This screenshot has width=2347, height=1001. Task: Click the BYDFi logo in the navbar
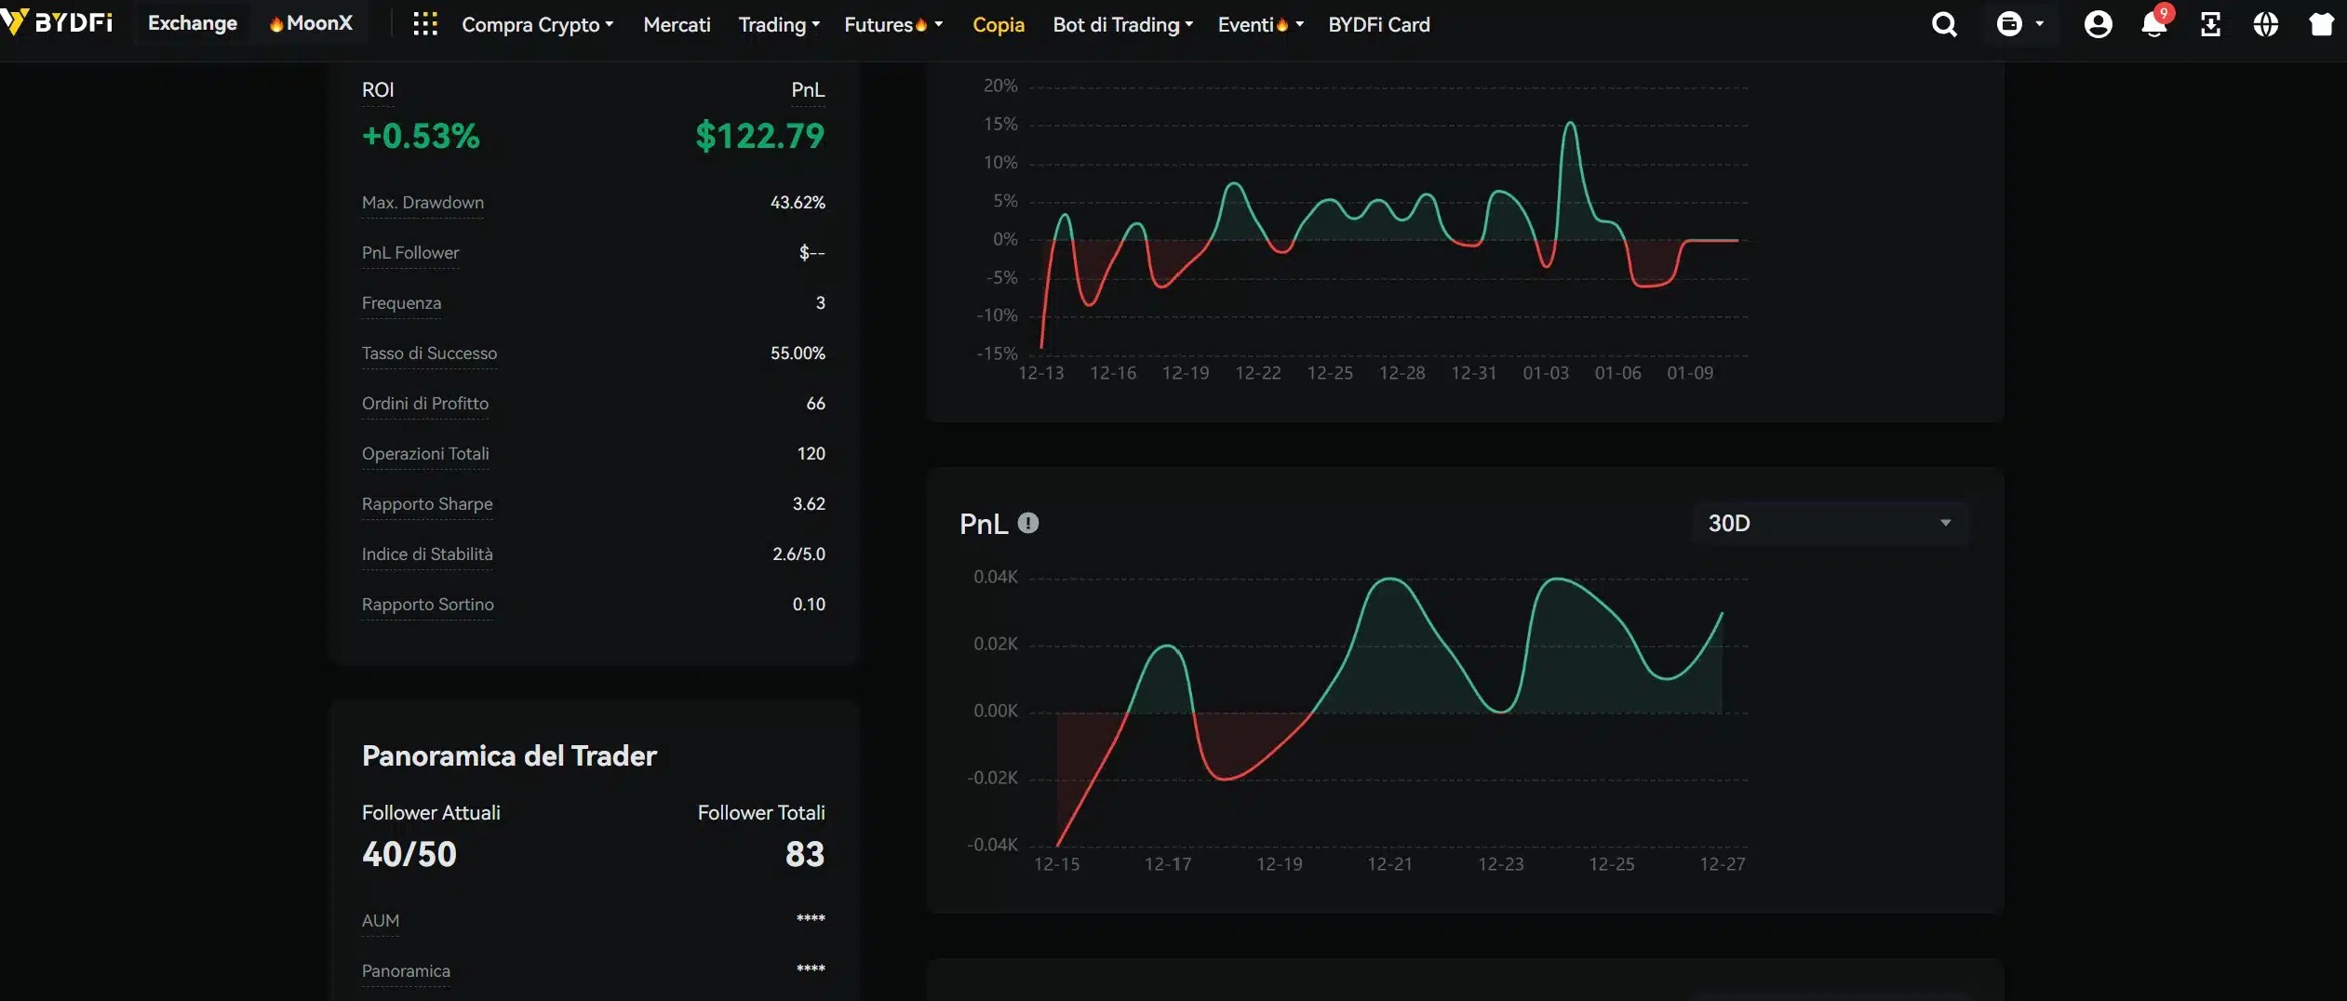pyautogui.click(x=58, y=22)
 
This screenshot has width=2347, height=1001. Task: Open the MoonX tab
pyautogui.click(x=311, y=23)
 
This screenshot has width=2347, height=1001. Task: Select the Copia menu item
pyautogui.click(x=998, y=25)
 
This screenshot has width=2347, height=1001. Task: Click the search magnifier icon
pyautogui.click(x=1944, y=24)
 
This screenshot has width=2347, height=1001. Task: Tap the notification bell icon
pyautogui.click(x=2153, y=24)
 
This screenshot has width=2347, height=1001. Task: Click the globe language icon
pyautogui.click(x=2265, y=24)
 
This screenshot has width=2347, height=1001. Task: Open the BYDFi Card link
pyautogui.click(x=1378, y=25)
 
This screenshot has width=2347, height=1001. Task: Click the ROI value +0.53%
pyautogui.click(x=421, y=136)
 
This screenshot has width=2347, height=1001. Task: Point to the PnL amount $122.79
pyautogui.click(x=759, y=136)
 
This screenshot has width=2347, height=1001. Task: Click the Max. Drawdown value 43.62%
pyautogui.click(x=797, y=203)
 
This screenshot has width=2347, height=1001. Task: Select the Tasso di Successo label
pyautogui.click(x=429, y=354)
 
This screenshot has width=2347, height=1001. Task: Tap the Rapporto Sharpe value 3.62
pyautogui.click(x=808, y=504)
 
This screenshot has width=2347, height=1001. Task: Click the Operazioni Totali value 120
pyautogui.click(x=811, y=454)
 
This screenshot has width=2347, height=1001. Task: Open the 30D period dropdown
pyautogui.click(x=1829, y=523)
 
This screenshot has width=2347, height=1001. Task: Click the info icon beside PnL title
pyautogui.click(x=1027, y=523)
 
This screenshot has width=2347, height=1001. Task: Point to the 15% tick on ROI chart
pyautogui.click(x=1000, y=124)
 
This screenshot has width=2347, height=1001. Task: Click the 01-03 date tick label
pyautogui.click(x=1545, y=373)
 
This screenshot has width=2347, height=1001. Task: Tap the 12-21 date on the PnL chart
pyautogui.click(x=1389, y=864)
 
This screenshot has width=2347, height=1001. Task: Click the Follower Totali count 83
pyautogui.click(x=804, y=854)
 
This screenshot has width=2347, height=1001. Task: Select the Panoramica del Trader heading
pyautogui.click(x=509, y=755)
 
